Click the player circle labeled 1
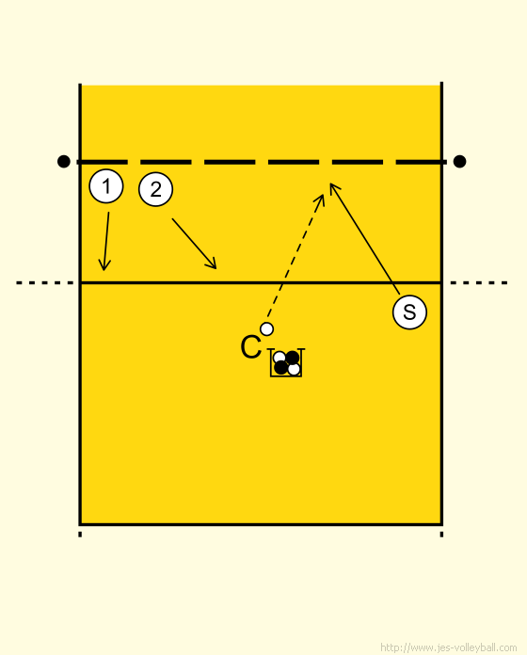[x=106, y=186]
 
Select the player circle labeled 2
[x=156, y=189]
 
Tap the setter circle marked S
[x=409, y=312]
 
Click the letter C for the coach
[x=251, y=347]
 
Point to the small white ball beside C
[x=267, y=329]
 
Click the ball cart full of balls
[x=286, y=362]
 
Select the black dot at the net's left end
[x=64, y=161]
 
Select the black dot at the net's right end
[x=460, y=161]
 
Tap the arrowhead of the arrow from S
[x=333, y=188]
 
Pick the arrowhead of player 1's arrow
[x=104, y=265]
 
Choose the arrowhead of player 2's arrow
[x=212, y=264]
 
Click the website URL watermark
[x=449, y=647]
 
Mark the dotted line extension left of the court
[x=44, y=283]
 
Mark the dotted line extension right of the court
[x=479, y=283]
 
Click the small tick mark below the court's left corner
[x=80, y=535]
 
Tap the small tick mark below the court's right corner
[x=441, y=535]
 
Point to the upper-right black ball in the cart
[x=293, y=358]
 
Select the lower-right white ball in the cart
[x=294, y=369]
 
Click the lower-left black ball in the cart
[x=281, y=368]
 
